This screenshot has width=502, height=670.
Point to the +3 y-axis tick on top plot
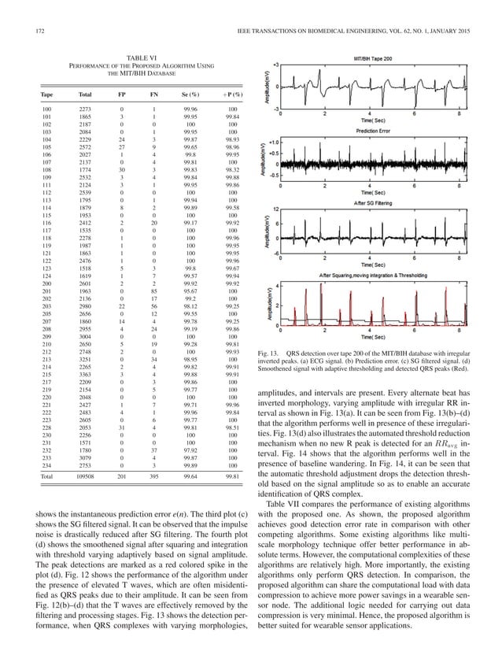tap(275, 63)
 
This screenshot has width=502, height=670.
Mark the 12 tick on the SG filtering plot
tap(275, 209)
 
